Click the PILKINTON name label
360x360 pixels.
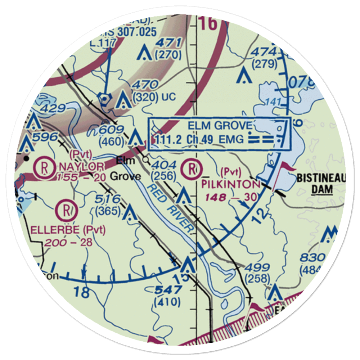(230, 185)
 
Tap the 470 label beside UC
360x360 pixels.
(145, 85)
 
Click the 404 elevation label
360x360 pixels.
(164, 165)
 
